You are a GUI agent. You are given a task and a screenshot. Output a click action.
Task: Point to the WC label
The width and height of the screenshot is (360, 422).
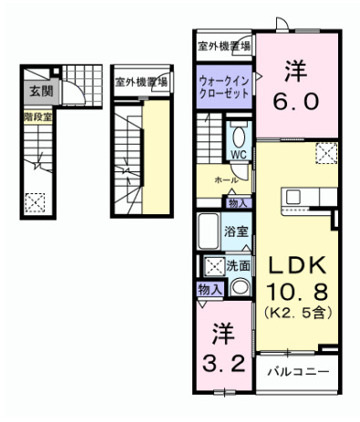(238, 155)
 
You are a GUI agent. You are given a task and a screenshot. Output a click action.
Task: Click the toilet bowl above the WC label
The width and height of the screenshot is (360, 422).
(238, 137)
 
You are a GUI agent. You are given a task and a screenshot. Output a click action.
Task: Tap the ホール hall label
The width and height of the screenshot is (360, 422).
(227, 180)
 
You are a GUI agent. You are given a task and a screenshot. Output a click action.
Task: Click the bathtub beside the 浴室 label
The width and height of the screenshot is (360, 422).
(208, 232)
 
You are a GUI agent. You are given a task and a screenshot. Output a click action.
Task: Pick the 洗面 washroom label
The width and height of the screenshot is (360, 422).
(239, 267)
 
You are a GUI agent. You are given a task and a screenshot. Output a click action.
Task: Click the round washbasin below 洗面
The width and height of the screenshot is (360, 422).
(239, 286)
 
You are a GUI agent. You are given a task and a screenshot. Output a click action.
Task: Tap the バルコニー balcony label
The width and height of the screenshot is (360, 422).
(298, 372)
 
